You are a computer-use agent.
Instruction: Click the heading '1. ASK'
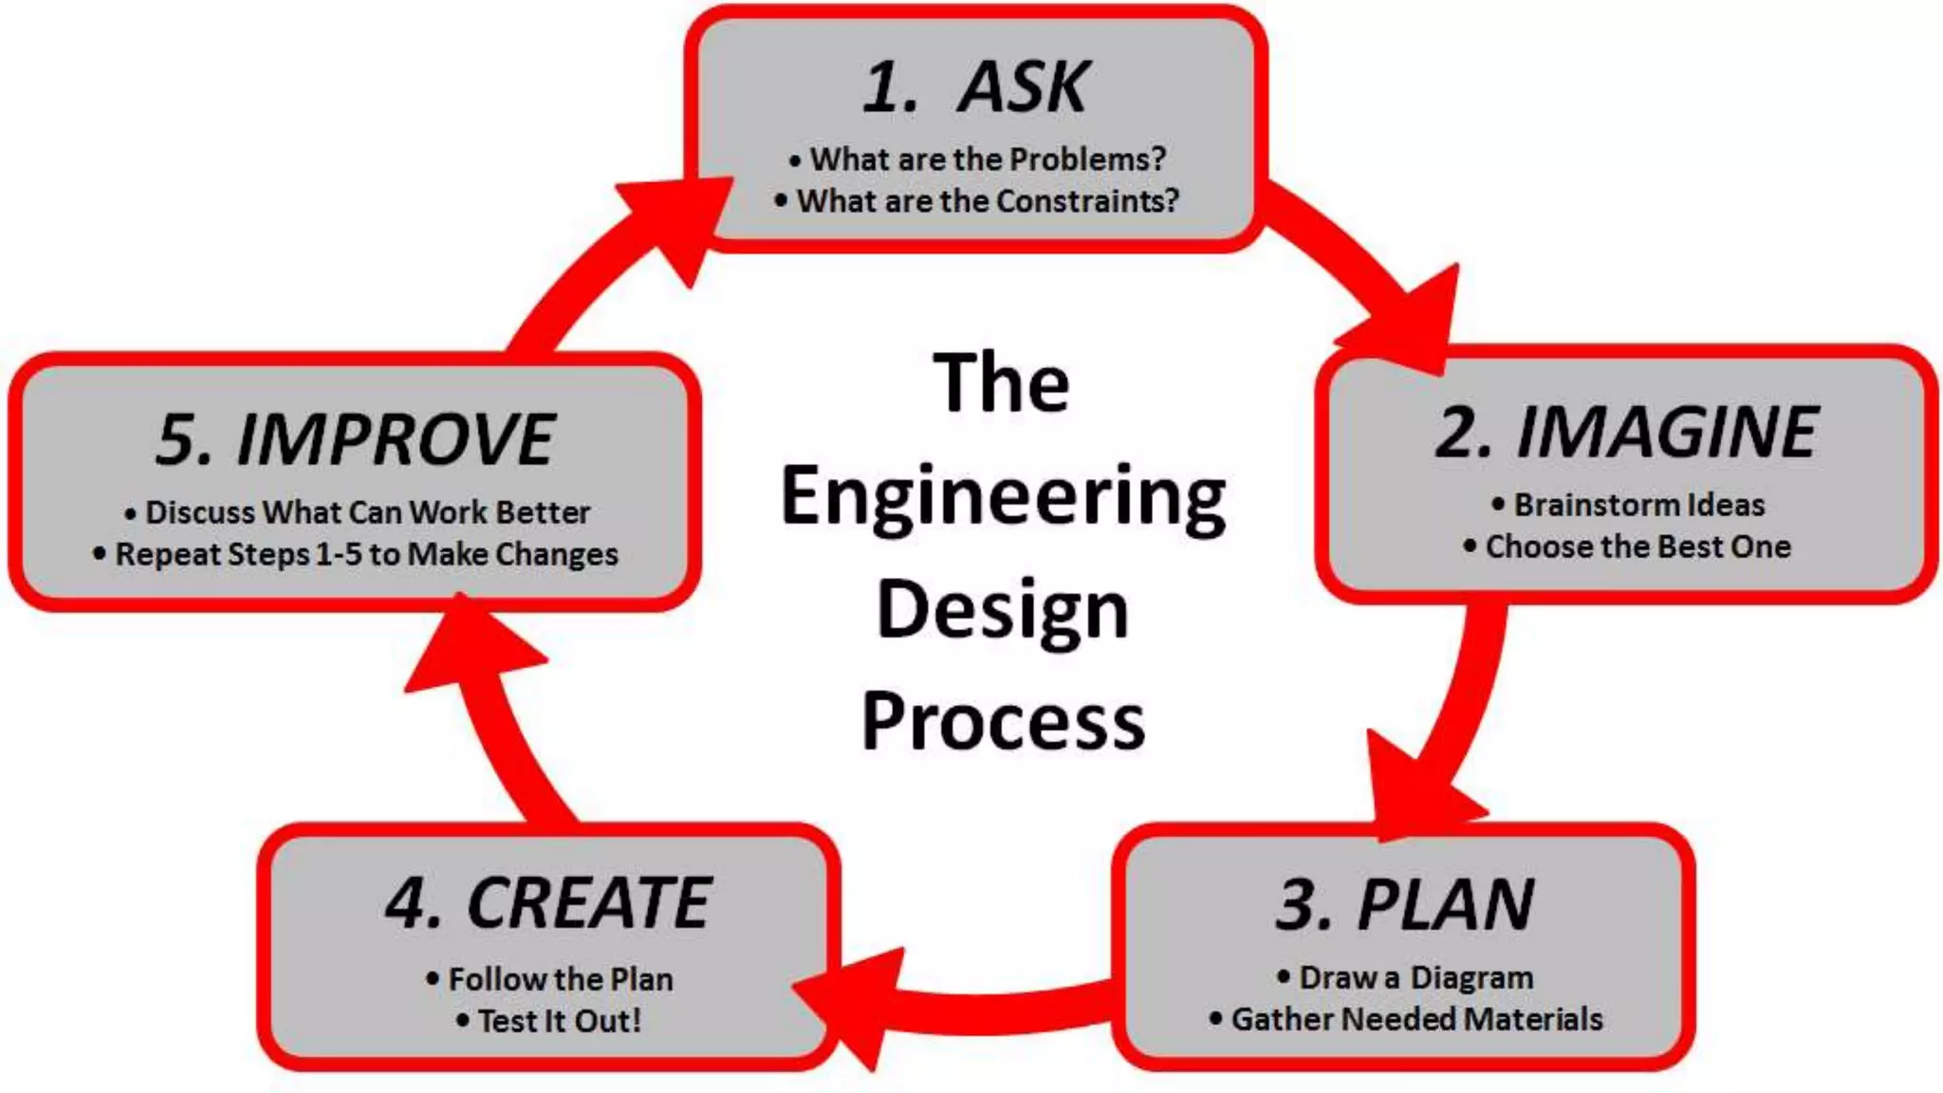click(975, 87)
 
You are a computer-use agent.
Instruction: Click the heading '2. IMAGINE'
click(1626, 433)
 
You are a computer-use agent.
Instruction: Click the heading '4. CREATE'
click(548, 903)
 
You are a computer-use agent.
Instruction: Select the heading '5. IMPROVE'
click(356, 439)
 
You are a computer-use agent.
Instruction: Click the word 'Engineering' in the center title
click(1003, 497)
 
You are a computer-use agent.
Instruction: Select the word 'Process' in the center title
click(1003, 722)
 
